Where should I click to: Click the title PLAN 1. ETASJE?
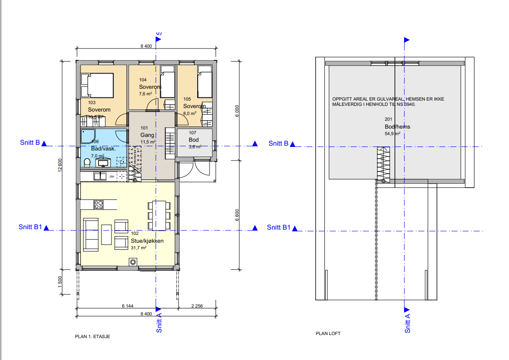coord(92,337)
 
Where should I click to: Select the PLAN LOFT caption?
coord(328,333)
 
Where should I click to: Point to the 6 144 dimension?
coord(127,306)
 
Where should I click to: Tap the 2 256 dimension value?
coord(196,306)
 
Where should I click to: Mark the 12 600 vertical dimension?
coord(59,165)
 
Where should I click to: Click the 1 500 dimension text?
coord(59,280)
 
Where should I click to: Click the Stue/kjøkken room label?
coord(147,241)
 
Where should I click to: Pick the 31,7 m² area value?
coord(138,248)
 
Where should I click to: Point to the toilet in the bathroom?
coord(87,163)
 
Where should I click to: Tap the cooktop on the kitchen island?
coord(98,204)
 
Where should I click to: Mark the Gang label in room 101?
coord(147,135)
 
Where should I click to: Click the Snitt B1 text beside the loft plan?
coord(279,227)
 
